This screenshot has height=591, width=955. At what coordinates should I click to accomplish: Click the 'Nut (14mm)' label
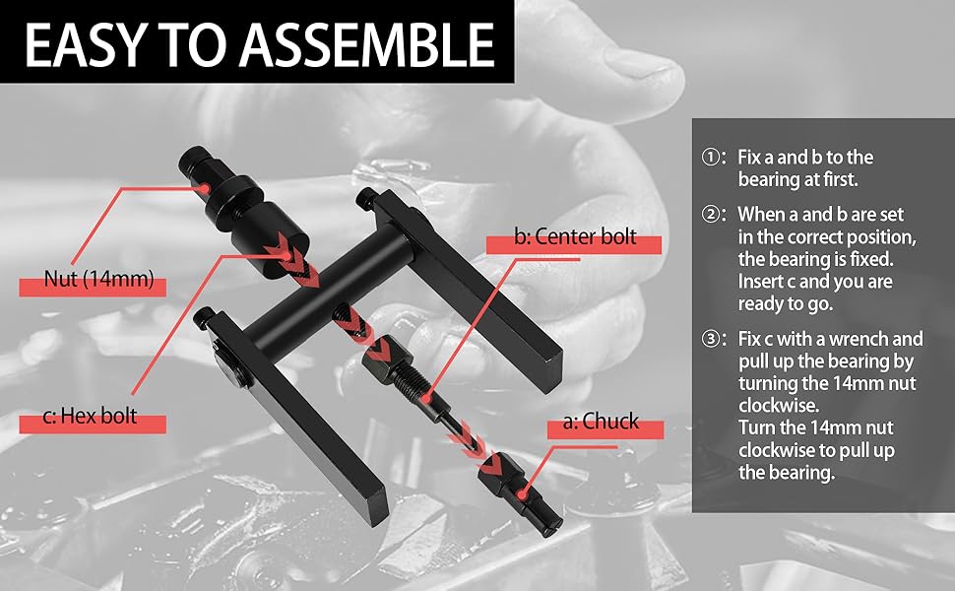[x=98, y=280]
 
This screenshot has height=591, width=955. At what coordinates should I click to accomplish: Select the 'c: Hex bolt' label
[x=91, y=417]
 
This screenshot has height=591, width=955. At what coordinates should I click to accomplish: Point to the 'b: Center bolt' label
[x=575, y=236]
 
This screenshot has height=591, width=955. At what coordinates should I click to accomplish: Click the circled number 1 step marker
[x=710, y=158]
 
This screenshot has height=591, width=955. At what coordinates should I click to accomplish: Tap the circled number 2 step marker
[x=710, y=214]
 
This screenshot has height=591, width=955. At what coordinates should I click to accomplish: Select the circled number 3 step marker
[x=710, y=339]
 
